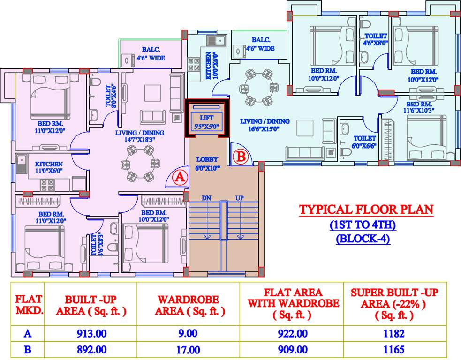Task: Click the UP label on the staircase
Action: pyautogui.click(x=240, y=198)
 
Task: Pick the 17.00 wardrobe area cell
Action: pyautogui.click(x=188, y=349)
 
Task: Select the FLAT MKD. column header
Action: pyautogui.click(x=29, y=304)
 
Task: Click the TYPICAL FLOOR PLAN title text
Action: pyautogui.click(x=366, y=210)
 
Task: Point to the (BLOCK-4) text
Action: pyautogui.click(x=363, y=239)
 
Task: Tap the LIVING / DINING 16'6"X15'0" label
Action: pyautogui.click(x=265, y=125)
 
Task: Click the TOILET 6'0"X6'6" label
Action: pyautogui.click(x=364, y=142)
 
